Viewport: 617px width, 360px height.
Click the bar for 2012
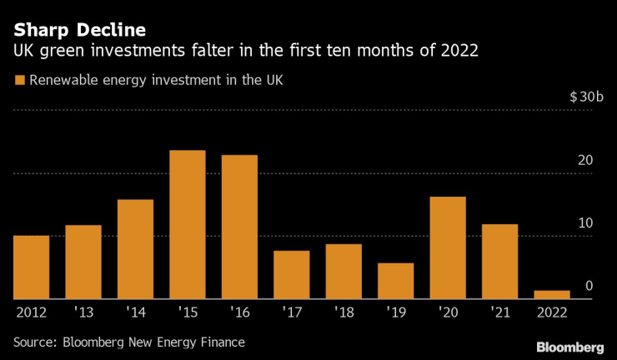click(31, 267)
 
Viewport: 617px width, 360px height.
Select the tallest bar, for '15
click(188, 224)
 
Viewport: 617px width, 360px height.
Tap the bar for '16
click(239, 227)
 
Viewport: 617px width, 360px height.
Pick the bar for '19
click(395, 281)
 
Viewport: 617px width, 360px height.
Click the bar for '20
click(448, 247)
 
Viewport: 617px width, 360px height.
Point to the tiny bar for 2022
click(552, 294)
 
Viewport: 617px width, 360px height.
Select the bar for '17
click(292, 274)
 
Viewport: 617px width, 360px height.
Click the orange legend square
click(18, 81)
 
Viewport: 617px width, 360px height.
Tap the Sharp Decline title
click(79, 29)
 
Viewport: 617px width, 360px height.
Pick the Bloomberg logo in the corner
click(569, 346)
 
